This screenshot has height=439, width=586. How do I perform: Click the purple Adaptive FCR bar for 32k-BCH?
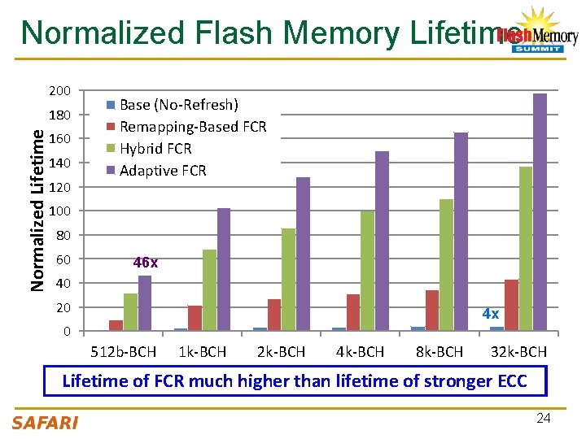coord(540,212)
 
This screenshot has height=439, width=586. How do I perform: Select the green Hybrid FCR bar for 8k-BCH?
coord(446,265)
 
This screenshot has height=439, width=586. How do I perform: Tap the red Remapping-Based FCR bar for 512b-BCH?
coord(116,325)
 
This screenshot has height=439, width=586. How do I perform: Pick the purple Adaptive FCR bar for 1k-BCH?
coord(224,269)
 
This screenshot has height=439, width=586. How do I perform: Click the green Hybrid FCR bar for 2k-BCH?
coord(288,280)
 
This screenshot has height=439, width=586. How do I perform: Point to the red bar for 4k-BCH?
coord(352,312)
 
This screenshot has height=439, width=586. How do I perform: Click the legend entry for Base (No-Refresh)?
coord(172,105)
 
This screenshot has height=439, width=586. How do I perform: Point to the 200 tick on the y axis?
coord(61,90)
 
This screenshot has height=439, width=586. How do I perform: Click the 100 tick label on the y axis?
coord(61,211)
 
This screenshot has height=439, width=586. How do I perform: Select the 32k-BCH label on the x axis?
coord(518,352)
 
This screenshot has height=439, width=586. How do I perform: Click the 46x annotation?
coord(146,263)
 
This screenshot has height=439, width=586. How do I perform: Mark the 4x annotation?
coord(490,313)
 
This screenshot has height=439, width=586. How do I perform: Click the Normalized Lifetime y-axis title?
coord(37,200)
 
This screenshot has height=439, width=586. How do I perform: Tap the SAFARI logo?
coord(45,422)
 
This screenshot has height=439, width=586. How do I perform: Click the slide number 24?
coord(544,419)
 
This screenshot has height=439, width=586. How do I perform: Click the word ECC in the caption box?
coord(509,380)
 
